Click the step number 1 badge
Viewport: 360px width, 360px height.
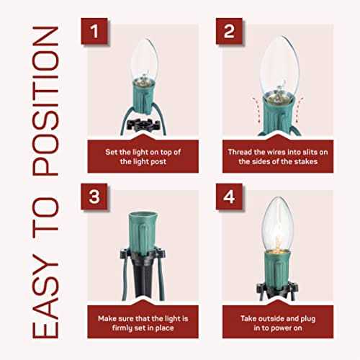click(94, 31)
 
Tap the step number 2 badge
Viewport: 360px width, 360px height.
click(229, 31)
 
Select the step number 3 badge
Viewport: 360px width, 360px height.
click(94, 197)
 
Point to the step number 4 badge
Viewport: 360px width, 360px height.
click(229, 197)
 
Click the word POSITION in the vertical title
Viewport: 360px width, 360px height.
click(45, 101)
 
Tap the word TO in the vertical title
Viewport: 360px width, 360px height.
click(45, 214)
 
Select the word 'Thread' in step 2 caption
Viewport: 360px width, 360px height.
click(240, 152)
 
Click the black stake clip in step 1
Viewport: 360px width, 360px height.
click(143, 125)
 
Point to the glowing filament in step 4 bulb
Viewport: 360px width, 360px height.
click(278, 241)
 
